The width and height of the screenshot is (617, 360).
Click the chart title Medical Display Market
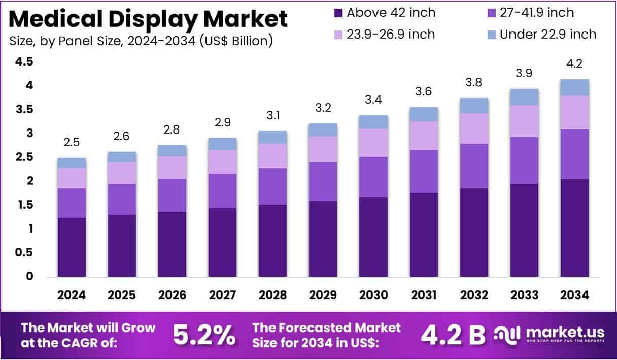pos(148,19)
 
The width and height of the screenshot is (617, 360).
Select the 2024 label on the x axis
pos(72,295)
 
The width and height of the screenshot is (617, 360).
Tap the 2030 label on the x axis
pos(373,295)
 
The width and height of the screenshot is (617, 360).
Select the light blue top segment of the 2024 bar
pos(72,163)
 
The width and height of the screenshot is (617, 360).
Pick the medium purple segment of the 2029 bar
pos(323,182)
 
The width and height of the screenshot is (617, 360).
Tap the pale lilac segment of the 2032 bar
pos(474,128)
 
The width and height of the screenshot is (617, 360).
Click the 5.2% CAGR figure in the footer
pos(204,335)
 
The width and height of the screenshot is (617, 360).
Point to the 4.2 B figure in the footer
pos(453,335)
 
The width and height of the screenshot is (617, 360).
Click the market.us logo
pos(551,335)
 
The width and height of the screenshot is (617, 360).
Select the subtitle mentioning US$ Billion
pos(141,41)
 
